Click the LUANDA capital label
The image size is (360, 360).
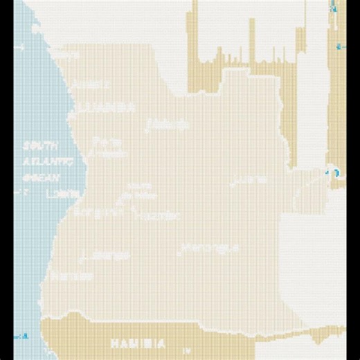[x=107, y=107]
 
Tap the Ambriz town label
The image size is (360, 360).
[x=91, y=84]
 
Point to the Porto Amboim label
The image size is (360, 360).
[x=106, y=147]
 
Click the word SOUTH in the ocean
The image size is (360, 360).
[x=39, y=146]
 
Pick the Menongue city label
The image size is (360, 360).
[x=210, y=247]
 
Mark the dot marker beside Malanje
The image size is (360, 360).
[x=147, y=126]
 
